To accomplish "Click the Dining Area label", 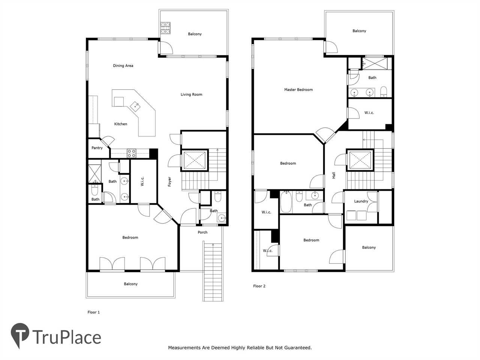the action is [x=123, y=66].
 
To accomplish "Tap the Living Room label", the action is [x=191, y=94].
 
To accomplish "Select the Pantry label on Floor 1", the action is [x=97, y=148].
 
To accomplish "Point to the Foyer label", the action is [x=169, y=181].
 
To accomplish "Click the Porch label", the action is [x=202, y=232].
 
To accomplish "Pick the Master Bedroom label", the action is [x=298, y=90].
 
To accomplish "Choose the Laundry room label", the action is [x=361, y=201].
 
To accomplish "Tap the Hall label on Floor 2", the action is [x=334, y=175].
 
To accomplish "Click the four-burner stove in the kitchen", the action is [x=131, y=153].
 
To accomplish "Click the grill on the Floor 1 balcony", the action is [x=165, y=28].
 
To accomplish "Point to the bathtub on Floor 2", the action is [x=286, y=202].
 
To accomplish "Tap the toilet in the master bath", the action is [x=384, y=92].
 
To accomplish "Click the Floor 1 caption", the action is [x=94, y=312].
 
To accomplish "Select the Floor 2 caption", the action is [x=259, y=286].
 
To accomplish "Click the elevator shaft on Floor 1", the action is [x=195, y=160].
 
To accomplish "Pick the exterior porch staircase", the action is [x=213, y=271].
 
